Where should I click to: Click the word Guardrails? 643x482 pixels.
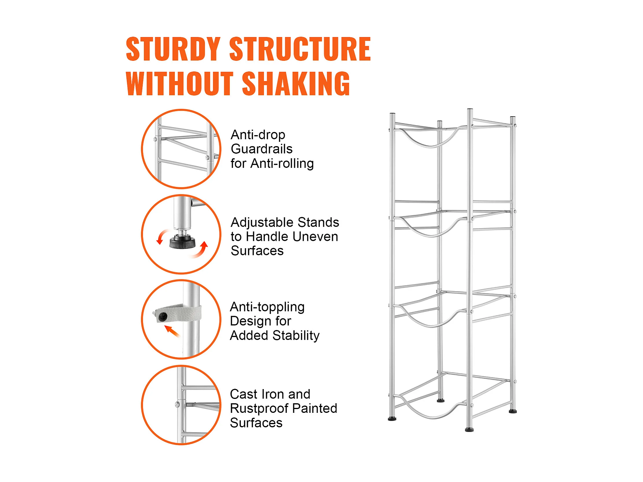pos(261,149)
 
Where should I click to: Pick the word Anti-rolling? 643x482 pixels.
pos(282,163)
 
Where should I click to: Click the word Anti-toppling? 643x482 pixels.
pos(267,307)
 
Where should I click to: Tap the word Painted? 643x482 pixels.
pos(314,408)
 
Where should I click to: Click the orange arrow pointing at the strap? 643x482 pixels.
pos(172,331)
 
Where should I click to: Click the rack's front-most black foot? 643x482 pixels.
pos(469,429)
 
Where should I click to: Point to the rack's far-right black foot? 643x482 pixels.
pos(513,411)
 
